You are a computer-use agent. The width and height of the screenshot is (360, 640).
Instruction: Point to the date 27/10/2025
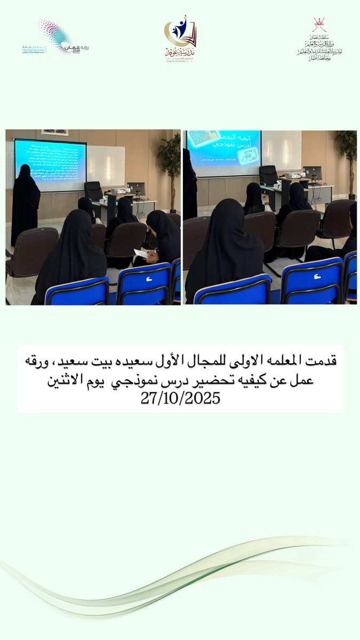pos(180,399)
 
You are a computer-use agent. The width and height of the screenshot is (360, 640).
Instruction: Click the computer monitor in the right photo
pos(313,173)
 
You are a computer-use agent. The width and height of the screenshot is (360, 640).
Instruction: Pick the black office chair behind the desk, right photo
pos(268,175)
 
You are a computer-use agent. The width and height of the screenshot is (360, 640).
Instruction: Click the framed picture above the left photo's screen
pos(55,132)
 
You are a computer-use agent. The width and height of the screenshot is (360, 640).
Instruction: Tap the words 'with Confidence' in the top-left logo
pos(34,52)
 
